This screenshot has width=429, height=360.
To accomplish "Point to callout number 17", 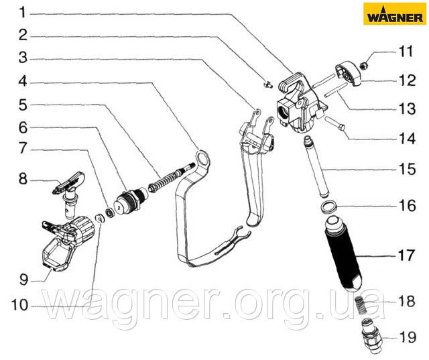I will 408,255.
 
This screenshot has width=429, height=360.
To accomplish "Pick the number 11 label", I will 408,50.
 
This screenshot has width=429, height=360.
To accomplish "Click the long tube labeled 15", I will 316,168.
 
